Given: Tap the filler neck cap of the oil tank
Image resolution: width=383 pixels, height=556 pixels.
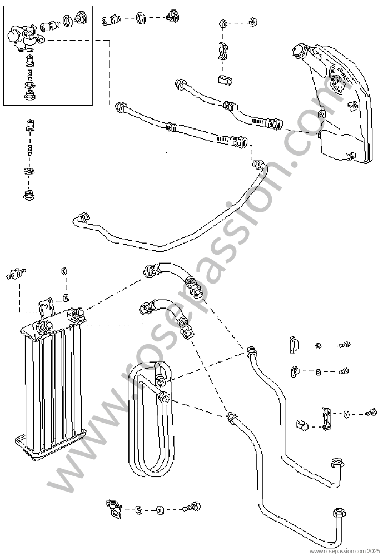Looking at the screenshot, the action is click(299, 51).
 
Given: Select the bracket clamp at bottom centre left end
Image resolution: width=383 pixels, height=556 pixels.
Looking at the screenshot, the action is click(113, 509).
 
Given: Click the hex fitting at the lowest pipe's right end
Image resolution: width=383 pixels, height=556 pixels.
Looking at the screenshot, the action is click(339, 514).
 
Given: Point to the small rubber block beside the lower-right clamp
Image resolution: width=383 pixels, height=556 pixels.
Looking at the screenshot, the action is click(302, 425).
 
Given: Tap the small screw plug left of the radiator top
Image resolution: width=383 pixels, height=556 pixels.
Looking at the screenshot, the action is click(16, 274).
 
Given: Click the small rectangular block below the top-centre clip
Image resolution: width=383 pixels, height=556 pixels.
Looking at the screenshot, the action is click(225, 80).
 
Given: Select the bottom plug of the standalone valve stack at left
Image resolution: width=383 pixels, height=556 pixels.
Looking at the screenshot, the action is click(29, 195).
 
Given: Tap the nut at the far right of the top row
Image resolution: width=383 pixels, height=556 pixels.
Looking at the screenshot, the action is click(252, 22).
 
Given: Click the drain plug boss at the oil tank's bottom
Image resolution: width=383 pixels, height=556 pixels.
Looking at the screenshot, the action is click(350, 156).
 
